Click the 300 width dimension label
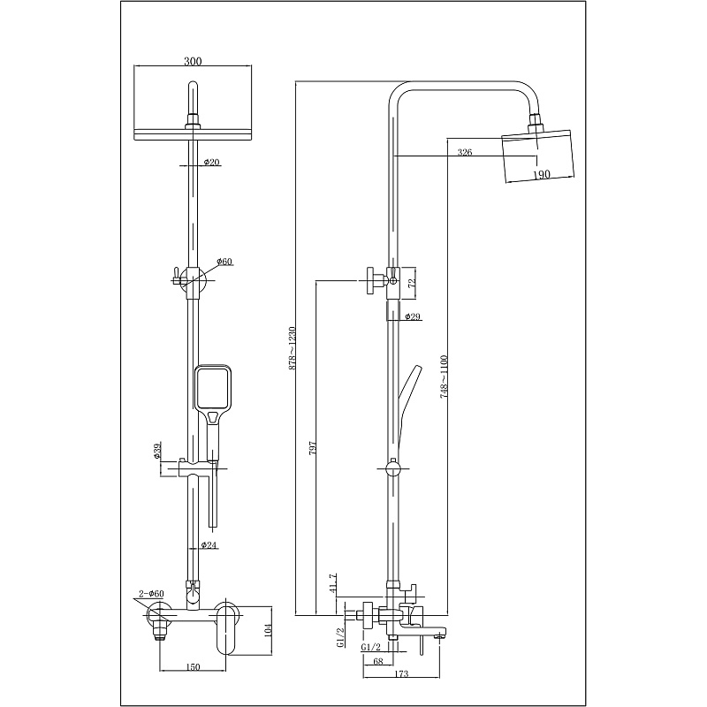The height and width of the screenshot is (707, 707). (193, 61)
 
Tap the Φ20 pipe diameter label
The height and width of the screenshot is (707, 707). (212, 162)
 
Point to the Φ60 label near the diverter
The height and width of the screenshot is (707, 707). (224, 262)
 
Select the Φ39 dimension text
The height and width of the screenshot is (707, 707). (157, 452)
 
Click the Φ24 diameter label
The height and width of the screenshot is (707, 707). (209, 545)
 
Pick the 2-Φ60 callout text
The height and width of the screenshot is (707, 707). (152, 593)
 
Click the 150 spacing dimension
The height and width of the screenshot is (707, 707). (193, 667)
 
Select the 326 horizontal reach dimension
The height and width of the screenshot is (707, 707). (465, 152)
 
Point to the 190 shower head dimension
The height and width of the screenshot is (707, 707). (542, 173)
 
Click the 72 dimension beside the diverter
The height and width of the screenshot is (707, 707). (411, 284)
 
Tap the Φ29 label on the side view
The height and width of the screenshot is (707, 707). (412, 316)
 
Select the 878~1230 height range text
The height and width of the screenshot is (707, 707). (292, 348)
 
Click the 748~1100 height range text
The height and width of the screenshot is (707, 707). (444, 376)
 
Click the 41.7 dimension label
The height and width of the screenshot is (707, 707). (333, 582)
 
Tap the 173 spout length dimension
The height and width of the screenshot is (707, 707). (401, 674)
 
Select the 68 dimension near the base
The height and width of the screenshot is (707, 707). (379, 661)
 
